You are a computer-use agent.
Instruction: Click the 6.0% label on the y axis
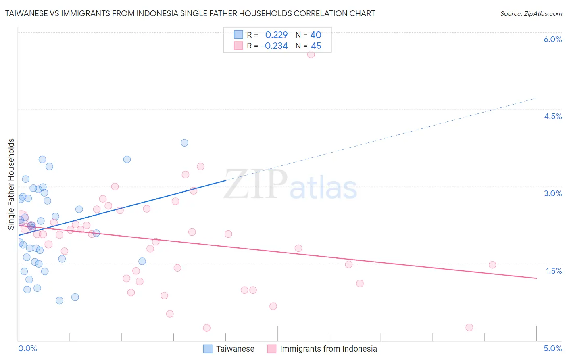552,39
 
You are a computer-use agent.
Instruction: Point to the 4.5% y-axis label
552,116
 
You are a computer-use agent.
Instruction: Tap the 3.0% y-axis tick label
552,193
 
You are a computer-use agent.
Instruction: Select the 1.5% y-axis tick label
554,271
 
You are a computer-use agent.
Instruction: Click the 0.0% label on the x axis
27,348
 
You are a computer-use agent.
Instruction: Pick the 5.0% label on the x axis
552,348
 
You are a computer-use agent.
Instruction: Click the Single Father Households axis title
11,184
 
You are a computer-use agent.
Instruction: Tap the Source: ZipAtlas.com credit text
531,13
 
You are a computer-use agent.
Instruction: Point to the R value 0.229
276,35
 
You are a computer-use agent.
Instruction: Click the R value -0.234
274,46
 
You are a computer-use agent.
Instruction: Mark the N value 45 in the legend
316,46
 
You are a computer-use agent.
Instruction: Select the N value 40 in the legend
316,35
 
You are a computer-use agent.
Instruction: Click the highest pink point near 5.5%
311,54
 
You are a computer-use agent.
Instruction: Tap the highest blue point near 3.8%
184,142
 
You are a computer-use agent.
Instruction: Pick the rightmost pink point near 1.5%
492,265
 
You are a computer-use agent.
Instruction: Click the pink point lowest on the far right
469,327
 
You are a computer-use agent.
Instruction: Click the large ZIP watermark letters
256,184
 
